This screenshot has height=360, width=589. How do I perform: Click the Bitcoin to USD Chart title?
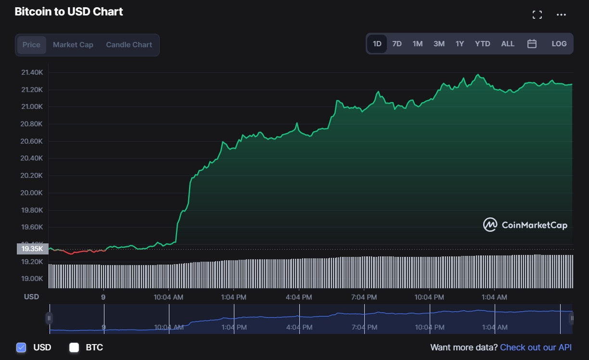point(69,12)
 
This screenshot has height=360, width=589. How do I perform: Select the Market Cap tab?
point(73,45)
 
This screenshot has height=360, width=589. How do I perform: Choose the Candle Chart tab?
point(129,45)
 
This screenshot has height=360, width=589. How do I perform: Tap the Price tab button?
point(32,45)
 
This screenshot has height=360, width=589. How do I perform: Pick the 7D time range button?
point(397,44)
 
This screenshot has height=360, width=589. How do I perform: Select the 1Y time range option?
point(460,44)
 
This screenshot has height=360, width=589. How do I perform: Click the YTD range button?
point(482,44)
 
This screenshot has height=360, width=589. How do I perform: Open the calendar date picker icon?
point(532,44)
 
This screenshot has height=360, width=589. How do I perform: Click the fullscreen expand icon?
point(537,15)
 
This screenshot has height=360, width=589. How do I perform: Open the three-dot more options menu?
point(561,15)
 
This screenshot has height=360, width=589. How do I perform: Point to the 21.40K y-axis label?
point(32,72)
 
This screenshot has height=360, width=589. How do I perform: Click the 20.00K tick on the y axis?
point(32,193)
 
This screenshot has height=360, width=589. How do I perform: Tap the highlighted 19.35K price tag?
point(32,249)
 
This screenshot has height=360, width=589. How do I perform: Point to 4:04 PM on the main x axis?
point(299,297)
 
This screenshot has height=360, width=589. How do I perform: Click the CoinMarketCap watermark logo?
point(525,225)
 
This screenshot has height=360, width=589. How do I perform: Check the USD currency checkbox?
point(21,347)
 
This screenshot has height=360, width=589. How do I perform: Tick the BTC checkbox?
point(74,347)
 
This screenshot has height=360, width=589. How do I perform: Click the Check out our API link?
point(536,347)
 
